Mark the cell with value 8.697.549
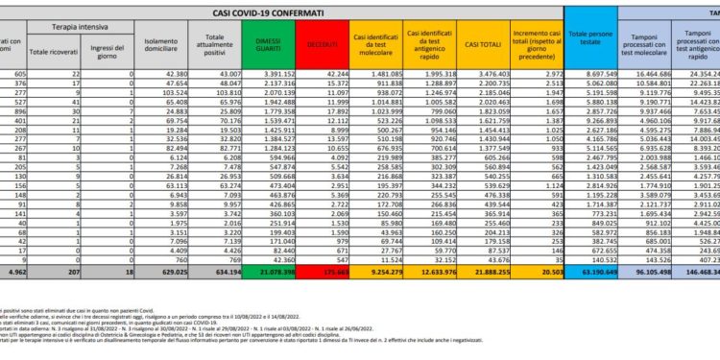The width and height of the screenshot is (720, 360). tap(596, 75)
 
